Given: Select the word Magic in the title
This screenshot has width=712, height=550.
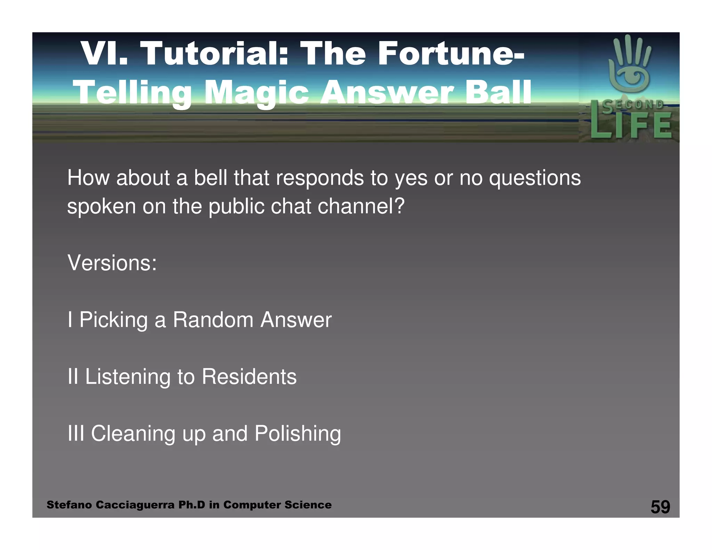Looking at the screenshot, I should coord(257,92).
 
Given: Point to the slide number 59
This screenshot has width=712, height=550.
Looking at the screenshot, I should coord(660,507).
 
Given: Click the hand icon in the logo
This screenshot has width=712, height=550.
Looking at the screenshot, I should coord(629,64).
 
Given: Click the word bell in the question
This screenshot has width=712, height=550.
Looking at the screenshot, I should coord(210,178).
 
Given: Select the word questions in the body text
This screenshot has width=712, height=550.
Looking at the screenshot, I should coord(535,178).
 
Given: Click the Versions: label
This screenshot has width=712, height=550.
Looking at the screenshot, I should coord(112,263).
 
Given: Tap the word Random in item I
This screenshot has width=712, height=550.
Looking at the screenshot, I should coord(213,320).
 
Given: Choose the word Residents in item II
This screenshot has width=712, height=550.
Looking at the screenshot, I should coord(249,377).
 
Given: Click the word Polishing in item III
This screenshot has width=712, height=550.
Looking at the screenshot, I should coord(298,434).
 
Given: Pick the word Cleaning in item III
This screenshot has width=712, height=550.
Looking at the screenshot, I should coord(133,434).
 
